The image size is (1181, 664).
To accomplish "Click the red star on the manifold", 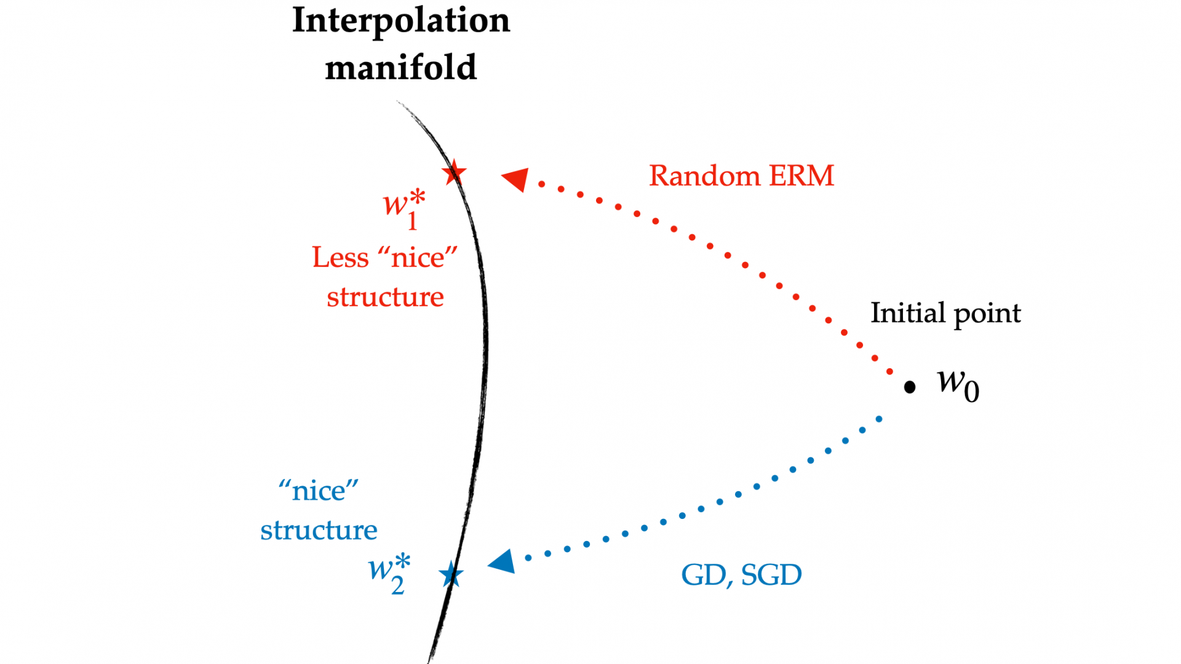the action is point(454,172).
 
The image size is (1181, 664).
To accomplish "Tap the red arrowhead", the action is point(515,179).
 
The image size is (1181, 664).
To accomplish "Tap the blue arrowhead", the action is point(502,562).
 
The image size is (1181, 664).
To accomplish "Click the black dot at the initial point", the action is point(910,387).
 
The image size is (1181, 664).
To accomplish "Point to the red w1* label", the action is point(404,210).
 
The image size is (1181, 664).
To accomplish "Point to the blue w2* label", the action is point(389,574).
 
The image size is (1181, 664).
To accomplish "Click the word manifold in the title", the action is point(401,67).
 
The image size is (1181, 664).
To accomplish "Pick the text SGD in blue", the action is point(771,575).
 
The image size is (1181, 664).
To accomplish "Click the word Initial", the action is point(908,313).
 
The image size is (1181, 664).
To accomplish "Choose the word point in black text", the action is point(987,315).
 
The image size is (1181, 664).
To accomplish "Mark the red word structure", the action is point(385,297).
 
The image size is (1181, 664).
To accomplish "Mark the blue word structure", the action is point(319,530).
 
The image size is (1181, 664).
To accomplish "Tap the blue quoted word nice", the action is point(319,491).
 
